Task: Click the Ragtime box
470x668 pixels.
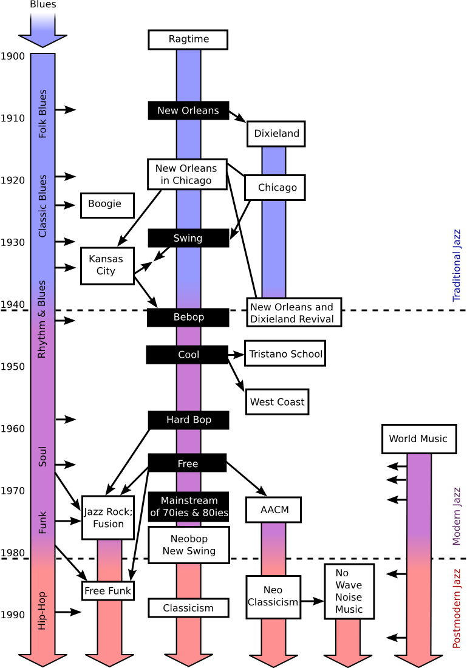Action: pos(188,39)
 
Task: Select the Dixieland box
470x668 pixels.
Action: pos(276,134)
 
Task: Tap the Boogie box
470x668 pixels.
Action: pos(107,205)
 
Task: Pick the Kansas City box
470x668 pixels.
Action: pos(107,266)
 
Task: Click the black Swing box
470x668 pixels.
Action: pos(188,238)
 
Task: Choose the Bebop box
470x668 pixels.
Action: pos(188,318)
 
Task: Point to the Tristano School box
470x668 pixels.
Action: pos(285,353)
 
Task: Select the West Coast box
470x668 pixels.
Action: pos(277,402)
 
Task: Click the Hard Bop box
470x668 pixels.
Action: pos(188,420)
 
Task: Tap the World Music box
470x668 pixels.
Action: pos(419,439)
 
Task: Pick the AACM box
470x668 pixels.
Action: pos(274,510)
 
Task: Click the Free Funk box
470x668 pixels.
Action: pos(108,591)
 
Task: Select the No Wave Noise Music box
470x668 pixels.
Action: pos(349,591)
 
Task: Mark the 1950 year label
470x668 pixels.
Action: pos(12,366)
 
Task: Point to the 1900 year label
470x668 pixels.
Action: pos(12,56)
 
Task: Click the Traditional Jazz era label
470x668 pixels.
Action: pos(457,265)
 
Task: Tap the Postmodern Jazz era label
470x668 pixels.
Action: pos(457,608)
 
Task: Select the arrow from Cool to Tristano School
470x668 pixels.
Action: pos(236,355)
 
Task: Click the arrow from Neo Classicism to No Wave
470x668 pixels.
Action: pos(312,601)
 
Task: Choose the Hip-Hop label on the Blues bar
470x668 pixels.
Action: pos(42,610)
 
